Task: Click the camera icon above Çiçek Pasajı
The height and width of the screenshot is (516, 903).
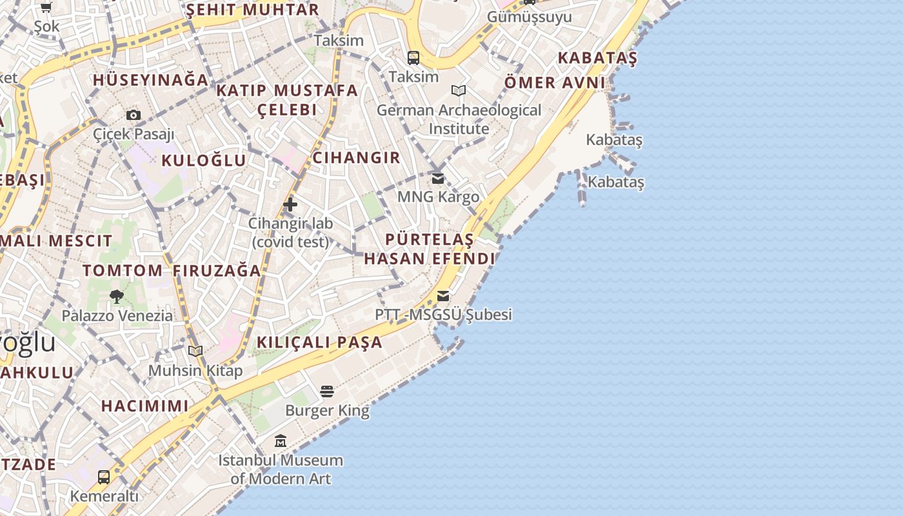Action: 134,115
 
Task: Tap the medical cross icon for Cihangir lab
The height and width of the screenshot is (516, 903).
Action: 290,205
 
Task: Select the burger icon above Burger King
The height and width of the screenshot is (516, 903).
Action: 327,392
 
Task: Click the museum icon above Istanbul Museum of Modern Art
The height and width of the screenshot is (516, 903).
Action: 281,441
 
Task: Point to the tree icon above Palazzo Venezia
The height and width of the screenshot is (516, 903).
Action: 117,297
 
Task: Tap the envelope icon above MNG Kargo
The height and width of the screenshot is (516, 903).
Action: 438,178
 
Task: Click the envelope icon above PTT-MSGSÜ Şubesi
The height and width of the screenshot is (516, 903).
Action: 443,296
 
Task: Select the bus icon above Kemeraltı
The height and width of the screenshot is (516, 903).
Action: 104,477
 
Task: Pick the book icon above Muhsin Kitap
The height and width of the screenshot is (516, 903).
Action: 195,352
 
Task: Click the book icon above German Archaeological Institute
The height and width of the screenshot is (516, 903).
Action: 459,91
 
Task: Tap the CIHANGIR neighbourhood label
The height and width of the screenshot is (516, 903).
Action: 356,157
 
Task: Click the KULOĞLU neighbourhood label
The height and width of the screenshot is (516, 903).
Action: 204,161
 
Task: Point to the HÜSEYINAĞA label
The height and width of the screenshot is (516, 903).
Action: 151,80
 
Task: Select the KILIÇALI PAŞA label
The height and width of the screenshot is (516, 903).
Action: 320,342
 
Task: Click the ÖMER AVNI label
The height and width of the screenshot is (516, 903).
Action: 555,83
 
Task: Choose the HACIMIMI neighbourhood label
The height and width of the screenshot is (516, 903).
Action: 145,406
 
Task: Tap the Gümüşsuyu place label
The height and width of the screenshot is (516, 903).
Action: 529,17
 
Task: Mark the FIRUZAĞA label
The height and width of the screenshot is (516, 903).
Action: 217,271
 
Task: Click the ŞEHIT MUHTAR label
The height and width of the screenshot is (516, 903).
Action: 253,10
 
